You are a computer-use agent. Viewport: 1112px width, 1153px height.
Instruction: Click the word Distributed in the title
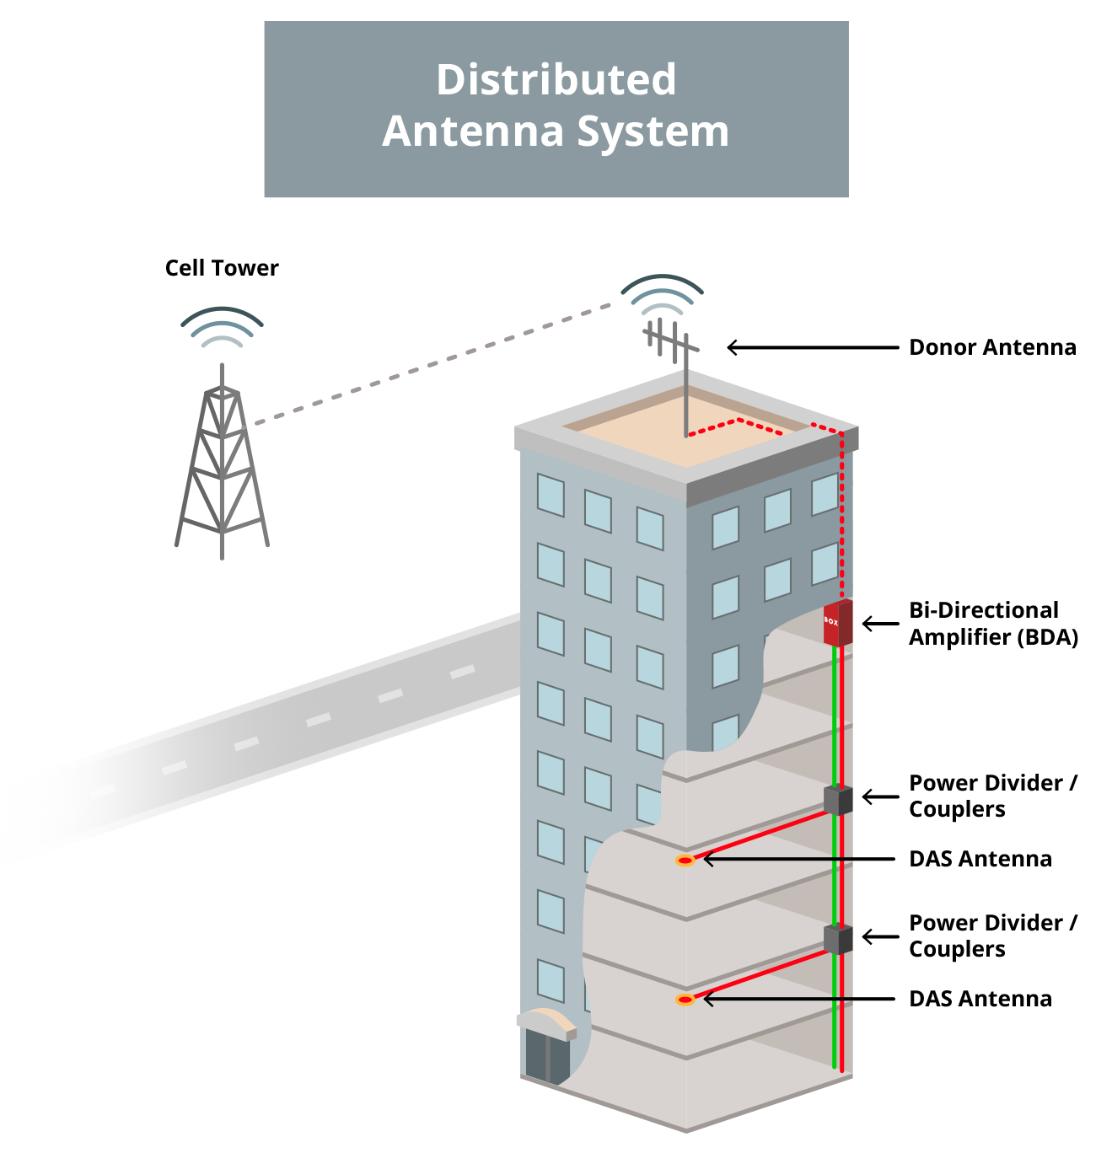pyautogui.click(x=556, y=80)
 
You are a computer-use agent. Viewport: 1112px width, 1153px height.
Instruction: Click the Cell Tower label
pyautogui.click(x=222, y=268)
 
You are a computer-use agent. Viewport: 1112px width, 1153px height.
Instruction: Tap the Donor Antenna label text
pyautogui.click(x=991, y=347)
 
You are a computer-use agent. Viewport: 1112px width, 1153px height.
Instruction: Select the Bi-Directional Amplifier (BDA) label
pyautogui.click(x=992, y=623)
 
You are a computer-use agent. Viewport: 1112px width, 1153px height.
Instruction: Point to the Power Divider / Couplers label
pyautogui.click(x=991, y=796)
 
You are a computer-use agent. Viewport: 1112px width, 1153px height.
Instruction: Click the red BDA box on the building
pyautogui.click(x=837, y=623)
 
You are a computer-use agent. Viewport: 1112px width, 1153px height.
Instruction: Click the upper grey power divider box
pyautogui.click(x=837, y=800)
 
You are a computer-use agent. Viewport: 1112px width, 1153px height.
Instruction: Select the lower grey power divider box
pyautogui.click(x=837, y=938)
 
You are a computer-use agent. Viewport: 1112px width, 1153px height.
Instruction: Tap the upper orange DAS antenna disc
pyautogui.click(x=685, y=861)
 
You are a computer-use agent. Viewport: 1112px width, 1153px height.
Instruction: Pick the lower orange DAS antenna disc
pyautogui.click(x=685, y=1000)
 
